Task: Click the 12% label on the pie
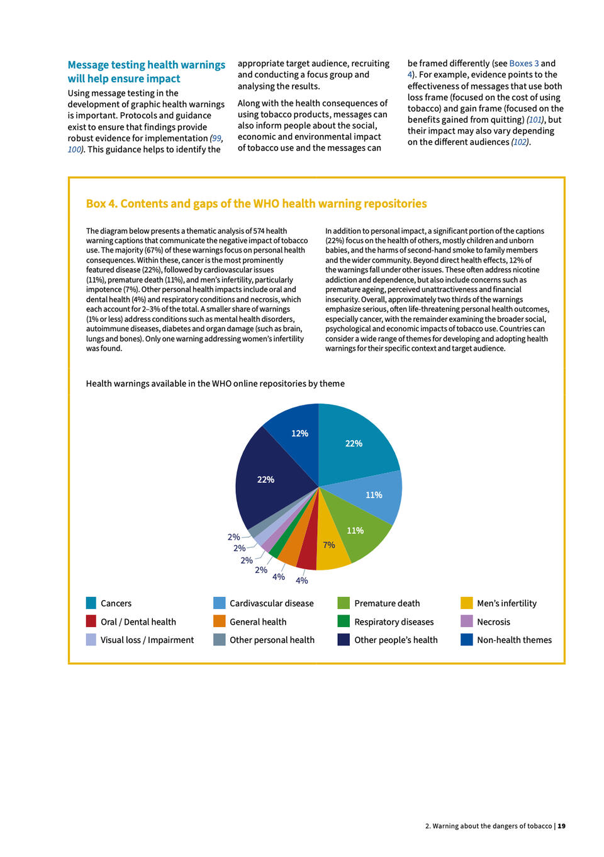299,433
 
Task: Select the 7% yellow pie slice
332,548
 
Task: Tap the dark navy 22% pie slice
271,485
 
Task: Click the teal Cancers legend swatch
91,603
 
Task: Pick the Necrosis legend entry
493,621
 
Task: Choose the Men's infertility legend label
506,603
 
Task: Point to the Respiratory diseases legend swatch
343,621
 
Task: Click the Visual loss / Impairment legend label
147,640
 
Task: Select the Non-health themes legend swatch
466,640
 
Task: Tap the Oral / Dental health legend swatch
91,621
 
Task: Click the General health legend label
258,621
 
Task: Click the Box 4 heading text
256,203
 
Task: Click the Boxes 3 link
523,64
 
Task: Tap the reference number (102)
520,142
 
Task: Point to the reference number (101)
535,120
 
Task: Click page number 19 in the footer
561,826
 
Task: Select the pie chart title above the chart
215,383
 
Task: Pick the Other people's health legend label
396,640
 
